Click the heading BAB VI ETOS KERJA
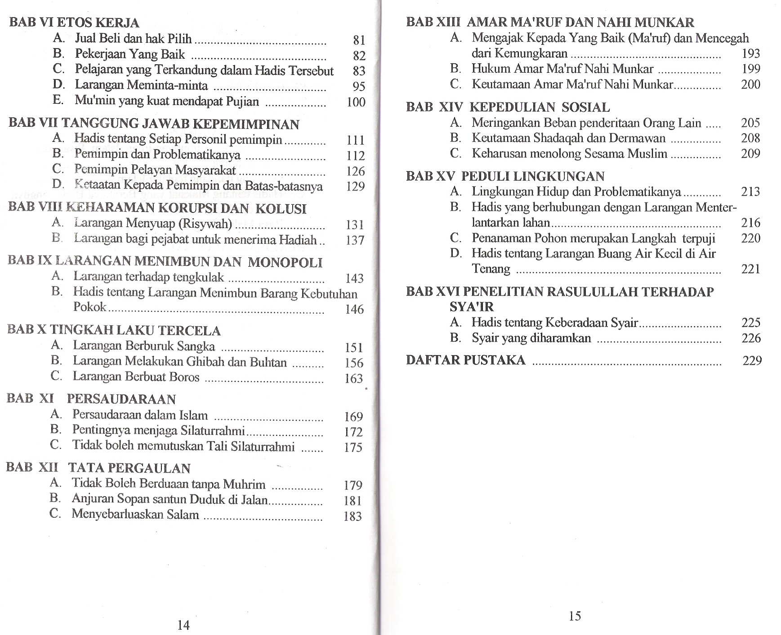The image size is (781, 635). pyautogui.click(x=74, y=22)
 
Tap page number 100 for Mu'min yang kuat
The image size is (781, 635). pyautogui.click(x=356, y=102)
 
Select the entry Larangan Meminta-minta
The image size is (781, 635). pyautogui.click(x=141, y=85)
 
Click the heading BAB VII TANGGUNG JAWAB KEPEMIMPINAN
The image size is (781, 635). pyautogui.click(x=154, y=123)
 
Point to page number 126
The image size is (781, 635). pyautogui.click(x=356, y=171)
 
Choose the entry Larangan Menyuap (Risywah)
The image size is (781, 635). pyautogui.click(x=153, y=223)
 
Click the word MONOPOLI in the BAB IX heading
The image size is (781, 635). pyautogui.click(x=285, y=262)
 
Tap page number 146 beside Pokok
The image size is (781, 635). pyautogui.click(x=354, y=309)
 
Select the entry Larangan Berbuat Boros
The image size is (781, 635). pyautogui.click(x=136, y=376)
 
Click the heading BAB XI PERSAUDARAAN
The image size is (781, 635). pyautogui.click(x=91, y=399)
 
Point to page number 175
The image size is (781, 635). pyautogui.click(x=353, y=447)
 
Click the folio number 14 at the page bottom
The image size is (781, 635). pyautogui.click(x=183, y=625)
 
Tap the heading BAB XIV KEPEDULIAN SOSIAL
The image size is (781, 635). pyautogui.click(x=508, y=107)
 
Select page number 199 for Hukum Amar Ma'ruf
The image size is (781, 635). pyautogui.click(x=750, y=69)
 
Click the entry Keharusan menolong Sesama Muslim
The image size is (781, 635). pyautogui.click(x=569, y=154)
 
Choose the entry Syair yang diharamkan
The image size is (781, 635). pyautogui.click(x=531, y=338)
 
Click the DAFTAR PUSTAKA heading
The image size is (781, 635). pyautogui.click(x=465, y=360)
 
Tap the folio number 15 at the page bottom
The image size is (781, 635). pyautogui.click(x=575, y=616)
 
